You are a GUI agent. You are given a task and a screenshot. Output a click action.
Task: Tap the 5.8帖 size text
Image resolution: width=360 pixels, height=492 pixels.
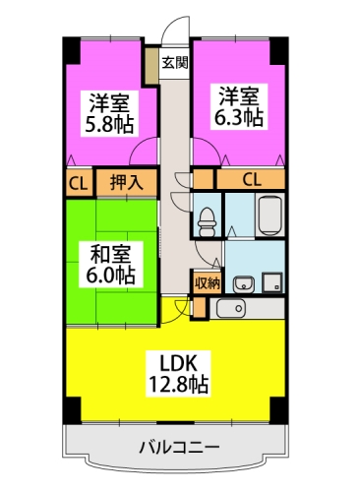coord(109,124)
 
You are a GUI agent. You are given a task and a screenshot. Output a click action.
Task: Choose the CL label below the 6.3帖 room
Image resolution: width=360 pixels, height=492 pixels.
coord(252,179)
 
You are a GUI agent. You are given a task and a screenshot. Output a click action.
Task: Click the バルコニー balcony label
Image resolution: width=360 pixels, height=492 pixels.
coord(177,449)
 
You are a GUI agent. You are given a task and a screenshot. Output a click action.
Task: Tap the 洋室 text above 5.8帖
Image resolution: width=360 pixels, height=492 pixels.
coord(109,101)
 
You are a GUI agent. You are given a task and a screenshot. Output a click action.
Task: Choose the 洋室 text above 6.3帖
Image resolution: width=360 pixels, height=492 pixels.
coord(240,96)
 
